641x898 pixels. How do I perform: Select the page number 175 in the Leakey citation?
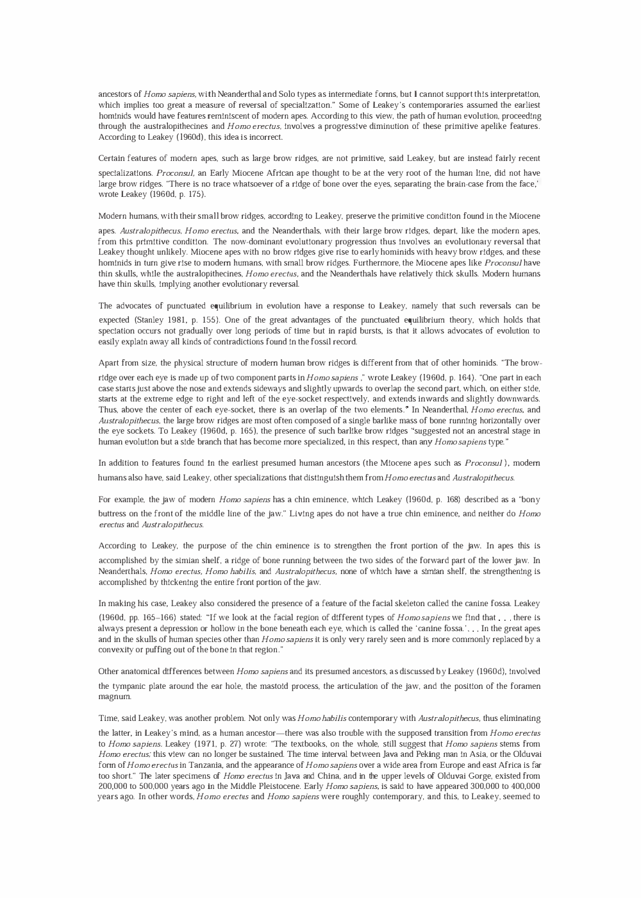pyautogui.click(x=194, y=194)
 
